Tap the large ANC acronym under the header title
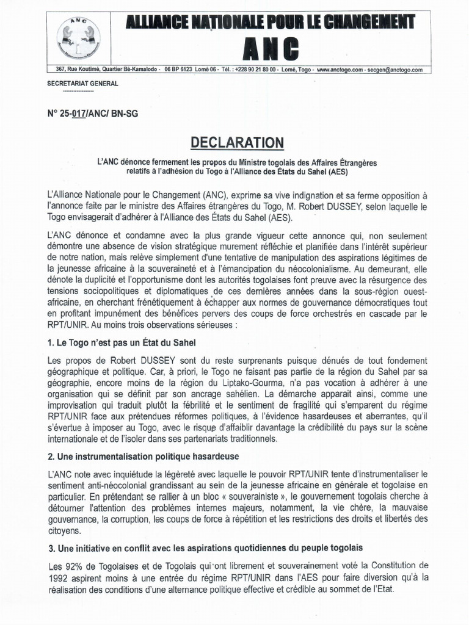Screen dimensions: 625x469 click(x=269, y=48)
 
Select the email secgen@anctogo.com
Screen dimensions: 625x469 click(x=394, y=70)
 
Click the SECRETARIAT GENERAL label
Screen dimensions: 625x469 click(x=78, y=83)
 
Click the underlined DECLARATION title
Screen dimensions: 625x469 click(x=238, y=143)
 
